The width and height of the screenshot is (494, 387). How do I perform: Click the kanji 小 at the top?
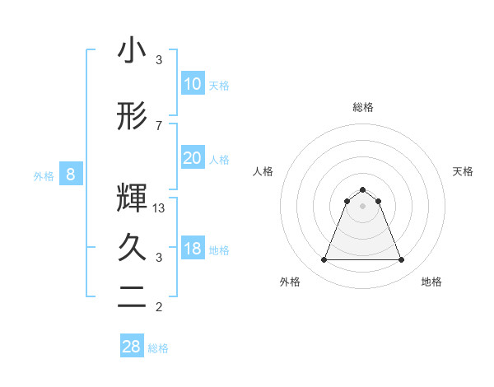click(x=132, y=51)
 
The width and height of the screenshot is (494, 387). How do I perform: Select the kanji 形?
click(x=132, y=117)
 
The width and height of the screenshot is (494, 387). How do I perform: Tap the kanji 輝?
click(x=132, y=196)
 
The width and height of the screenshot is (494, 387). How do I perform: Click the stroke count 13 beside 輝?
click(x=160, y=208)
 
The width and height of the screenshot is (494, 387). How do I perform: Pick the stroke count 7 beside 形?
click(x=159, y=125)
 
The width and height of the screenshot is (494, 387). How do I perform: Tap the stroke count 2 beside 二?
click(x=159, y=308)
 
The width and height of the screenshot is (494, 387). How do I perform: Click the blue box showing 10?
click(x=192, y=84)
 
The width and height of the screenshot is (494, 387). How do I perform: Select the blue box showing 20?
click(x=192, y=158)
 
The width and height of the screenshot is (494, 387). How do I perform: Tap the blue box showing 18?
click(x=192, y=249)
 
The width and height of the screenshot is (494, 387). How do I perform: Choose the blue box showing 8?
click(x=71, y=175)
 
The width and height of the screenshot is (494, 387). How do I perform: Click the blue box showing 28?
click(x=131, y=347)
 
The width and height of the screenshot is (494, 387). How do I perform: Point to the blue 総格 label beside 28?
click(x=158, y=348)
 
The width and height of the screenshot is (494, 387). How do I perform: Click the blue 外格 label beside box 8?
click(x=44, y=176)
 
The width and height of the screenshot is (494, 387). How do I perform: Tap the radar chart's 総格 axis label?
click(x=363, y=107)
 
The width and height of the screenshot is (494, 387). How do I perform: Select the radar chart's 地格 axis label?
click(x=431, y=282)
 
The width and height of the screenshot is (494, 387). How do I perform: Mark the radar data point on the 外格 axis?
click(x=324, y=260)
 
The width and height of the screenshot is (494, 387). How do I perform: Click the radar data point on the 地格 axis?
click(x=402, y=260)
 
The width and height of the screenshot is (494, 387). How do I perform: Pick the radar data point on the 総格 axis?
click(x=363, y=189)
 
